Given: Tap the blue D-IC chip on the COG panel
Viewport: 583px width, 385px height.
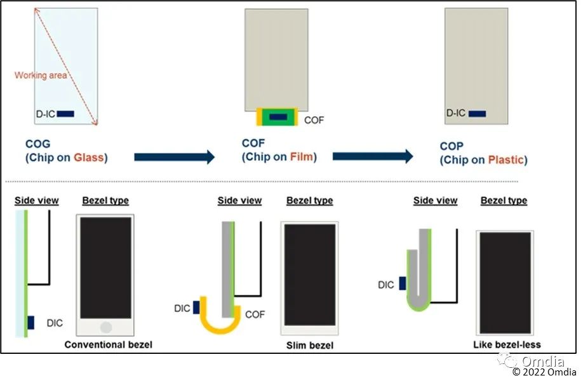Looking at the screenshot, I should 65,114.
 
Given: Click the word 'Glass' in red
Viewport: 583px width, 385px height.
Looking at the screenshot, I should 89,158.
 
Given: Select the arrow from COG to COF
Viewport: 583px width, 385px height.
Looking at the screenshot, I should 175,158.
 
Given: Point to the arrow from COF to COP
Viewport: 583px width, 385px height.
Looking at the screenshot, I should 373,156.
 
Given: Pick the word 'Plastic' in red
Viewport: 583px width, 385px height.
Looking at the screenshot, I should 506,159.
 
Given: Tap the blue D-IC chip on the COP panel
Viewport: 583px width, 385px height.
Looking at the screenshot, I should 477,114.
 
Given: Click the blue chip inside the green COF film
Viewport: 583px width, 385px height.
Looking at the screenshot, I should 278,116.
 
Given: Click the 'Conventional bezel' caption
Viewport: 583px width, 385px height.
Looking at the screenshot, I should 109,344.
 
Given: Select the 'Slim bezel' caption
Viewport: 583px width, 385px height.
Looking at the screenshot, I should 309,345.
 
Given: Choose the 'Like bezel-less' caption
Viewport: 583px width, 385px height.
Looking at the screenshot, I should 507,344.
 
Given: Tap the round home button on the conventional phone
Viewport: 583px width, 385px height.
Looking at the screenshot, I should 106,328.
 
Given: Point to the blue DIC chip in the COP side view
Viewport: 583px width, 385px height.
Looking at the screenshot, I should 402,285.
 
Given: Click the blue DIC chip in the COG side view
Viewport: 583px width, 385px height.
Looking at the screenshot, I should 30,323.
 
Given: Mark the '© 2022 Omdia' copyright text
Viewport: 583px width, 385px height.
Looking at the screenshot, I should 544,372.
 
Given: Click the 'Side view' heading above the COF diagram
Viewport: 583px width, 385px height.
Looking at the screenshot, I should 239,201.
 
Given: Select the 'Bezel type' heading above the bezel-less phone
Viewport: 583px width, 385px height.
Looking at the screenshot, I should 504,201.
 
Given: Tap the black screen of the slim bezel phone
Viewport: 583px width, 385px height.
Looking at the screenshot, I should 309,274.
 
